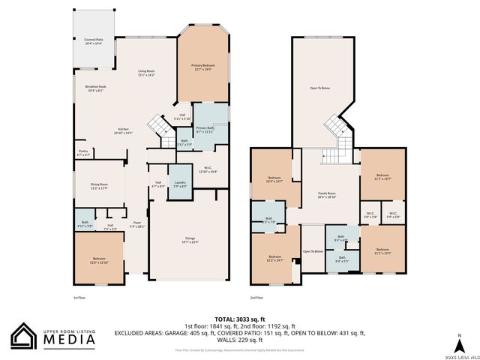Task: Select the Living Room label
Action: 145,73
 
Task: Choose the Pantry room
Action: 83,152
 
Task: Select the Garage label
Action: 189,240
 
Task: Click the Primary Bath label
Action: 205,130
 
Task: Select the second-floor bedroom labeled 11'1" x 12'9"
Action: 382,177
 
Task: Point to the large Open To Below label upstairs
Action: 320,88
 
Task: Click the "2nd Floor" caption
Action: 256,298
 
